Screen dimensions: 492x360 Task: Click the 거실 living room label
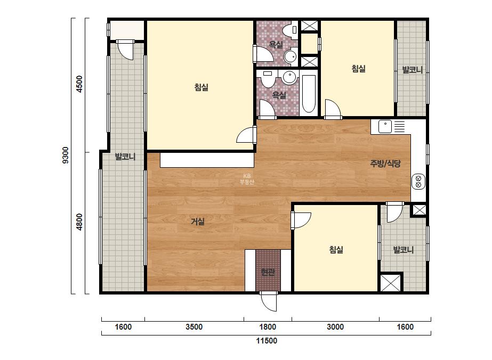pos(198,222)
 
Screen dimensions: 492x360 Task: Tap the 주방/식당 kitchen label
pos(385,163)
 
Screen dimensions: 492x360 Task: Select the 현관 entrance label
pos(268,272)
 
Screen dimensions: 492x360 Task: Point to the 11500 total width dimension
pos(267,341)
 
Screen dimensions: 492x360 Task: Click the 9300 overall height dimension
pos(66,155)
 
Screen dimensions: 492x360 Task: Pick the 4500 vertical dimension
pos(80,84)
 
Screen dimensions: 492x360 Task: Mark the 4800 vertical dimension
pos(80,222)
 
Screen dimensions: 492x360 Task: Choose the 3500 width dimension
pos(194,327)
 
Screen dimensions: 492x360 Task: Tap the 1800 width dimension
pos(268,327)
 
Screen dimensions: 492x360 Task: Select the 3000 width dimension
pos(335,327)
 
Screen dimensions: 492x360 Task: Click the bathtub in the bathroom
pos(309,93)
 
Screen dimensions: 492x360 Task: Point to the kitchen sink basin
pos(385,126)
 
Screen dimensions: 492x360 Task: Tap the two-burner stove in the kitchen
pos(418,182)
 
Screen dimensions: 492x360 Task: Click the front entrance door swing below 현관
pos(269,301)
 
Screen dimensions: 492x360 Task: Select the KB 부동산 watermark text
pos(247,179)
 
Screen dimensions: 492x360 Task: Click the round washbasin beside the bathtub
pos(288,77)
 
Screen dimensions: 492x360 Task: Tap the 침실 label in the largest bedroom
pos(201,87)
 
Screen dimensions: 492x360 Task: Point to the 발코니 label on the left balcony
pos(125,157)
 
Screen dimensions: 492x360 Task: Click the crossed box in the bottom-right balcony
pos(391,283)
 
